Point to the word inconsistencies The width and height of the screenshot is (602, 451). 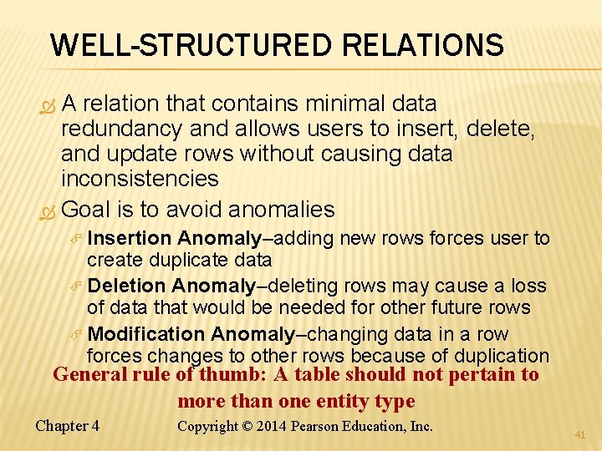click(x=140, y=179)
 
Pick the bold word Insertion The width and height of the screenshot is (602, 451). click(x=130, y=239)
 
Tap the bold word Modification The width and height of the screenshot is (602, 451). click(x=146, y=334)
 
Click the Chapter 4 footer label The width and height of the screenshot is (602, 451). click(x=67, y=426)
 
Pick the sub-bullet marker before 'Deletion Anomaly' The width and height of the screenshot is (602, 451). click(x=77, y=287)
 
